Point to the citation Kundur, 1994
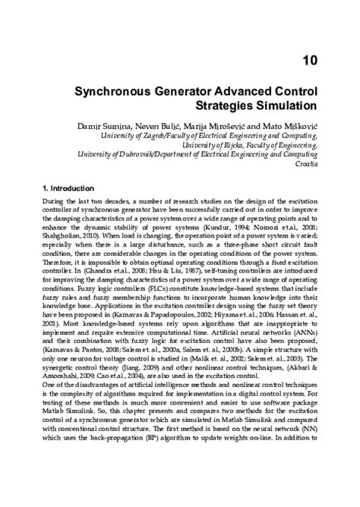(x=264, y=225)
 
